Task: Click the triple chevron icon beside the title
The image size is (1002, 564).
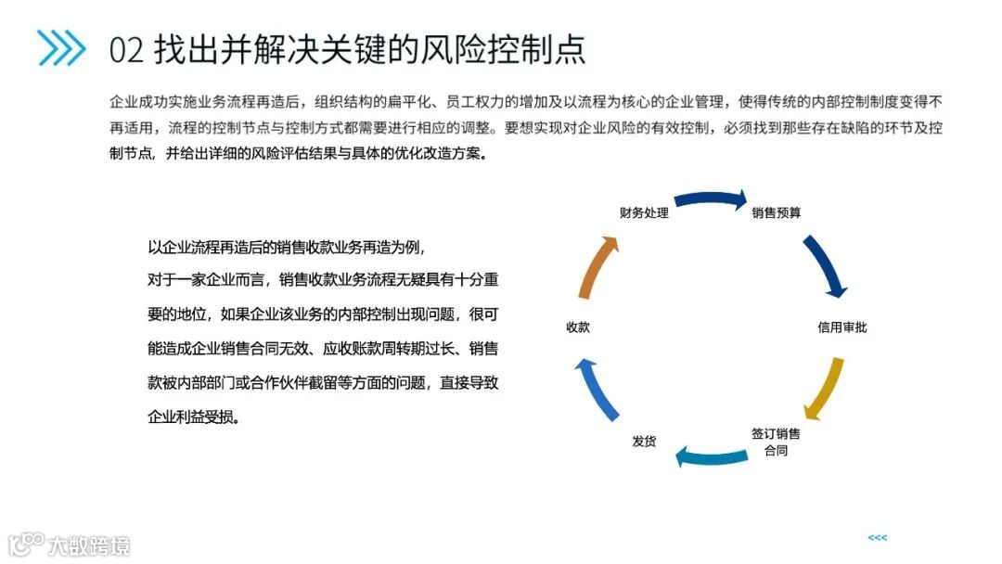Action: tap(61, 48)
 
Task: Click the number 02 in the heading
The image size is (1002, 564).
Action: tap(125, 49)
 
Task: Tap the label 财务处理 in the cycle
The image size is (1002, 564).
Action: tap(644, 212)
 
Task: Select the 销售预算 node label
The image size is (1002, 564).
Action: tap(777, 212)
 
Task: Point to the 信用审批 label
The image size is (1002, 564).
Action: tap(841, 327)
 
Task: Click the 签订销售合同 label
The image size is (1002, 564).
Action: tap(776, 442)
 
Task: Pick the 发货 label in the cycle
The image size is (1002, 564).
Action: tap(644, 441)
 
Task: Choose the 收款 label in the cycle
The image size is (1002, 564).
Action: tap(577, 327)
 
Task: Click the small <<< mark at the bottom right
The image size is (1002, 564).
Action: tap(877, 538)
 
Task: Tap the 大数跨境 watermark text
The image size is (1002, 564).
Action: tap(90, 545)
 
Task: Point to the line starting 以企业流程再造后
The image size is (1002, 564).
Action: tap(287, 247)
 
